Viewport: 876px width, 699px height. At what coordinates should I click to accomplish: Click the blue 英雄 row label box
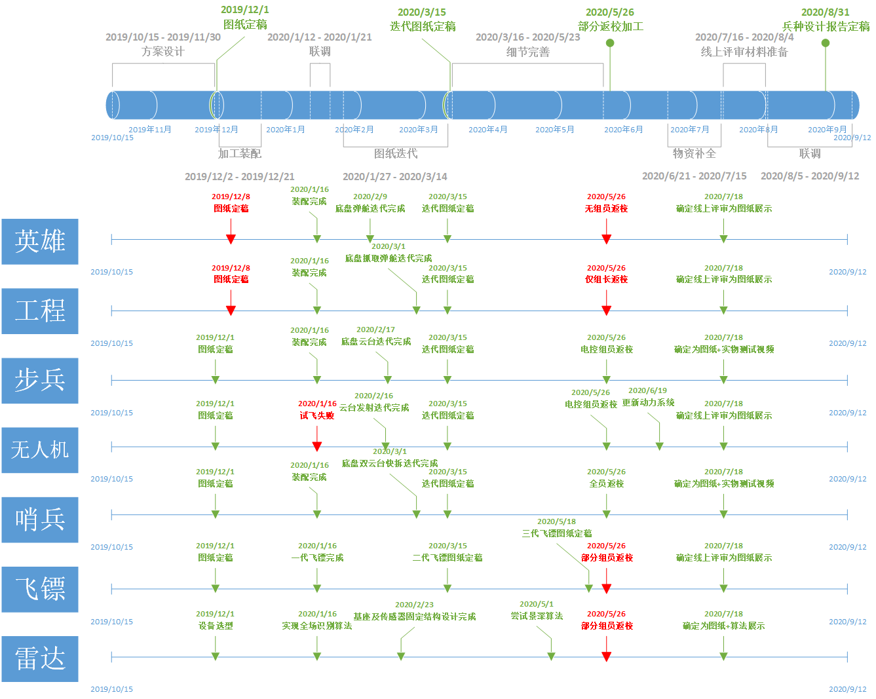40,242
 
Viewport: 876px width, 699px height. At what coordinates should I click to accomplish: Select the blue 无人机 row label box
40,450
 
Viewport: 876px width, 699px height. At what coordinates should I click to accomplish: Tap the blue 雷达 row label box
40,658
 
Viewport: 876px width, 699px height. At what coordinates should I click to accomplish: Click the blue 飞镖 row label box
40,589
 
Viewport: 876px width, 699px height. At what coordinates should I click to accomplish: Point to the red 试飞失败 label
317,415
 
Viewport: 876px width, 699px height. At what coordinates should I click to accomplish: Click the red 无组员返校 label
606,208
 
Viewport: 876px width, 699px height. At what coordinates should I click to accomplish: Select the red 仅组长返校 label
606,279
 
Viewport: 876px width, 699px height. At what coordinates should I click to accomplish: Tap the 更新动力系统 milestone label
648,402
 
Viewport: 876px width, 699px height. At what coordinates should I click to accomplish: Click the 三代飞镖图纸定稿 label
557,533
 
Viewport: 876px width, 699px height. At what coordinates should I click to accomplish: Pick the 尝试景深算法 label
537,616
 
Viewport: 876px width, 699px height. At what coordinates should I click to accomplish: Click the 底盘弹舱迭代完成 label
370,208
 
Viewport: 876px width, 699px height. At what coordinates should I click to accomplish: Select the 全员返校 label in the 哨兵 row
606,483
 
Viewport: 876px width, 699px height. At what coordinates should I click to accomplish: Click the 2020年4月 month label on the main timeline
487,130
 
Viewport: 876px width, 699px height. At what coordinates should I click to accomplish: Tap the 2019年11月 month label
150,130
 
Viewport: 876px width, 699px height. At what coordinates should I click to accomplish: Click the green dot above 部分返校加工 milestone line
610,43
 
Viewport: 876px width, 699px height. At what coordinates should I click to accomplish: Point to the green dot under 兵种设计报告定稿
825,43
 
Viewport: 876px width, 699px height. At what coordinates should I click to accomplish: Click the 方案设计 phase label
163,52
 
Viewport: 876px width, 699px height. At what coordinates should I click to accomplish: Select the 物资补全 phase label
694,153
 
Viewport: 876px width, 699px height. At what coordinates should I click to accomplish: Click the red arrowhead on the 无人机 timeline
317,446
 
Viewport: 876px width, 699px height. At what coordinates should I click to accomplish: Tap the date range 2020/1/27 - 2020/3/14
395,177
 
